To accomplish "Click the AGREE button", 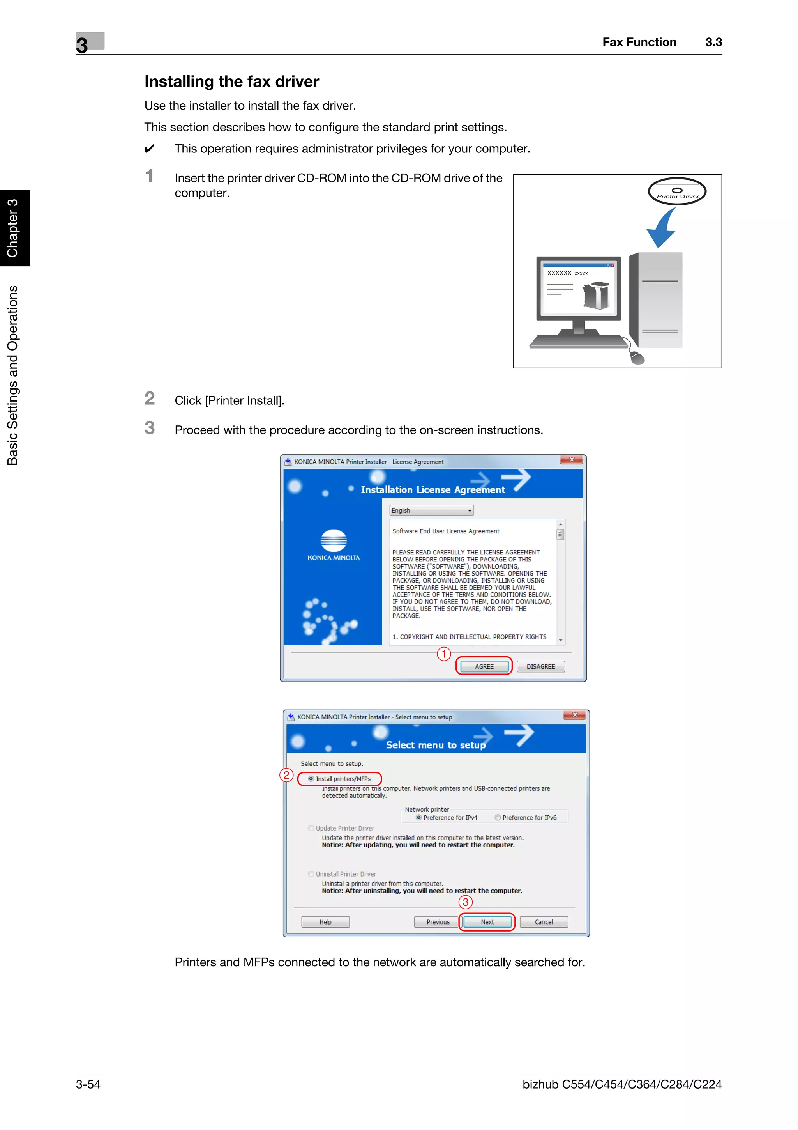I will (x=484, y=666).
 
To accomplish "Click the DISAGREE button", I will (x=540, y=666).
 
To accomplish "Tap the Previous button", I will (x=438, y=922).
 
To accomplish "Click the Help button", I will (x=325, y=922).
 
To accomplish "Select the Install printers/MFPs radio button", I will (x=311, y=779).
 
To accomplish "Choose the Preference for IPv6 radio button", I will (x=498, y=818).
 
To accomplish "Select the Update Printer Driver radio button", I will (x=311, y=828).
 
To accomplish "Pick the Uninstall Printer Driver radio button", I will (x=311, y=874).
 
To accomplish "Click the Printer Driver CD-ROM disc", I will (x=677, y=191).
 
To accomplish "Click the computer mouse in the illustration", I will (x=637, y=358).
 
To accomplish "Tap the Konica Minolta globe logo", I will (x=334, y=540).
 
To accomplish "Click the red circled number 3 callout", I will (x=465, y=902).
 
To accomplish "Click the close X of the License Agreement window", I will (x=571, y=460).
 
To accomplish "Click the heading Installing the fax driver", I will (x=231, y=82).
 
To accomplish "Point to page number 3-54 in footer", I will (x=88, y=1084).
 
